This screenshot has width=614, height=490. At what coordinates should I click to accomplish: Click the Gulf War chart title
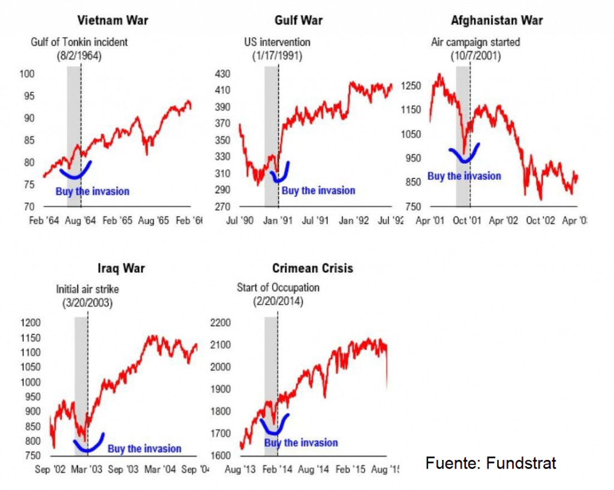tap(298, 20)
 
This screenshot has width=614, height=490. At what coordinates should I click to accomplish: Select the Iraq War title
tap(121, 268)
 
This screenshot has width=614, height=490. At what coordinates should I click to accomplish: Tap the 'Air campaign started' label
tap(475, 43)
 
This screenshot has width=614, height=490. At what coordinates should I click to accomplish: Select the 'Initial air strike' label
tap(88, 289)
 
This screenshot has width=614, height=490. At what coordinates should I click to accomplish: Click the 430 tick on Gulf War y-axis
tap(222, 74)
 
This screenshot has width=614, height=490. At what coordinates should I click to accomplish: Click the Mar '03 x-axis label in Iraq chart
tap(88, 470)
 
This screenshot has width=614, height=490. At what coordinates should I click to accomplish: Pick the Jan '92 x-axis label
tap(354, 221)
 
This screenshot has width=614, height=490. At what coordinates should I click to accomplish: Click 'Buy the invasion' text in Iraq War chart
tap(144, 449)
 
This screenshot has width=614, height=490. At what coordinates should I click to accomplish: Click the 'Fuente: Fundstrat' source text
tap(491, 463)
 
